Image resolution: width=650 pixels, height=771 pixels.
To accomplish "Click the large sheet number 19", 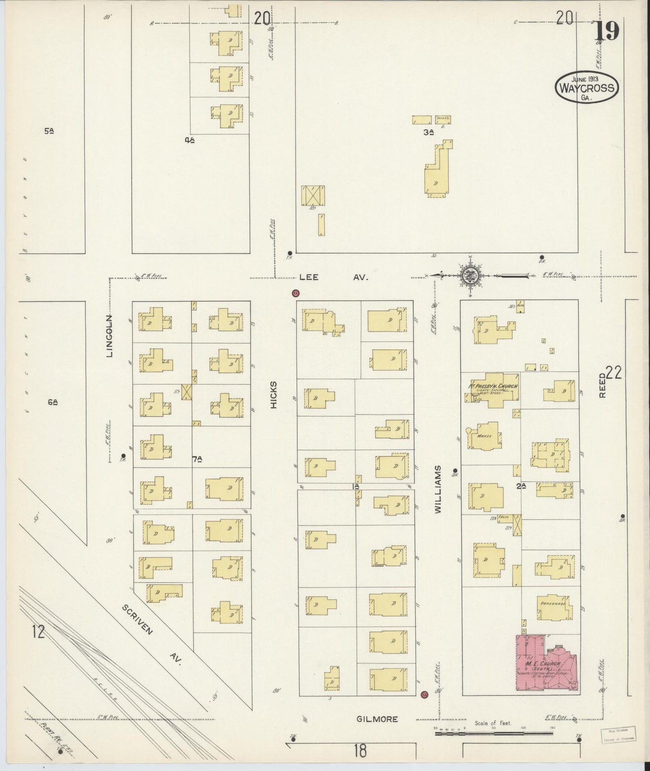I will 608,31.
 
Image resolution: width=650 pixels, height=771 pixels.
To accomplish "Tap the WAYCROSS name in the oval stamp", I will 587,87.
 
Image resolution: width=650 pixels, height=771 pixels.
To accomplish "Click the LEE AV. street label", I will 333,278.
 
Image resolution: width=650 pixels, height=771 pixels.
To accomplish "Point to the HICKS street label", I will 274,395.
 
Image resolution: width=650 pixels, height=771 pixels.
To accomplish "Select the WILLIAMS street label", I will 439,489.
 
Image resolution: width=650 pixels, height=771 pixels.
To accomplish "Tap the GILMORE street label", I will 377,719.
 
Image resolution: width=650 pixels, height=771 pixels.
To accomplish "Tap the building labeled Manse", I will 485,436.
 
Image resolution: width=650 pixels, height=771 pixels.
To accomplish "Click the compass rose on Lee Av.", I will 470,275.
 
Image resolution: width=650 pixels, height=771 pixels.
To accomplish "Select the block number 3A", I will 428,132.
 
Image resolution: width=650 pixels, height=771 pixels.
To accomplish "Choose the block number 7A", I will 197,459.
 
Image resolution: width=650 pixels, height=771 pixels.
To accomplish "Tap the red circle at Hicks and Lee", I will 296,293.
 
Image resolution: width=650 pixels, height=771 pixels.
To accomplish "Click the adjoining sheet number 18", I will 360,750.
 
